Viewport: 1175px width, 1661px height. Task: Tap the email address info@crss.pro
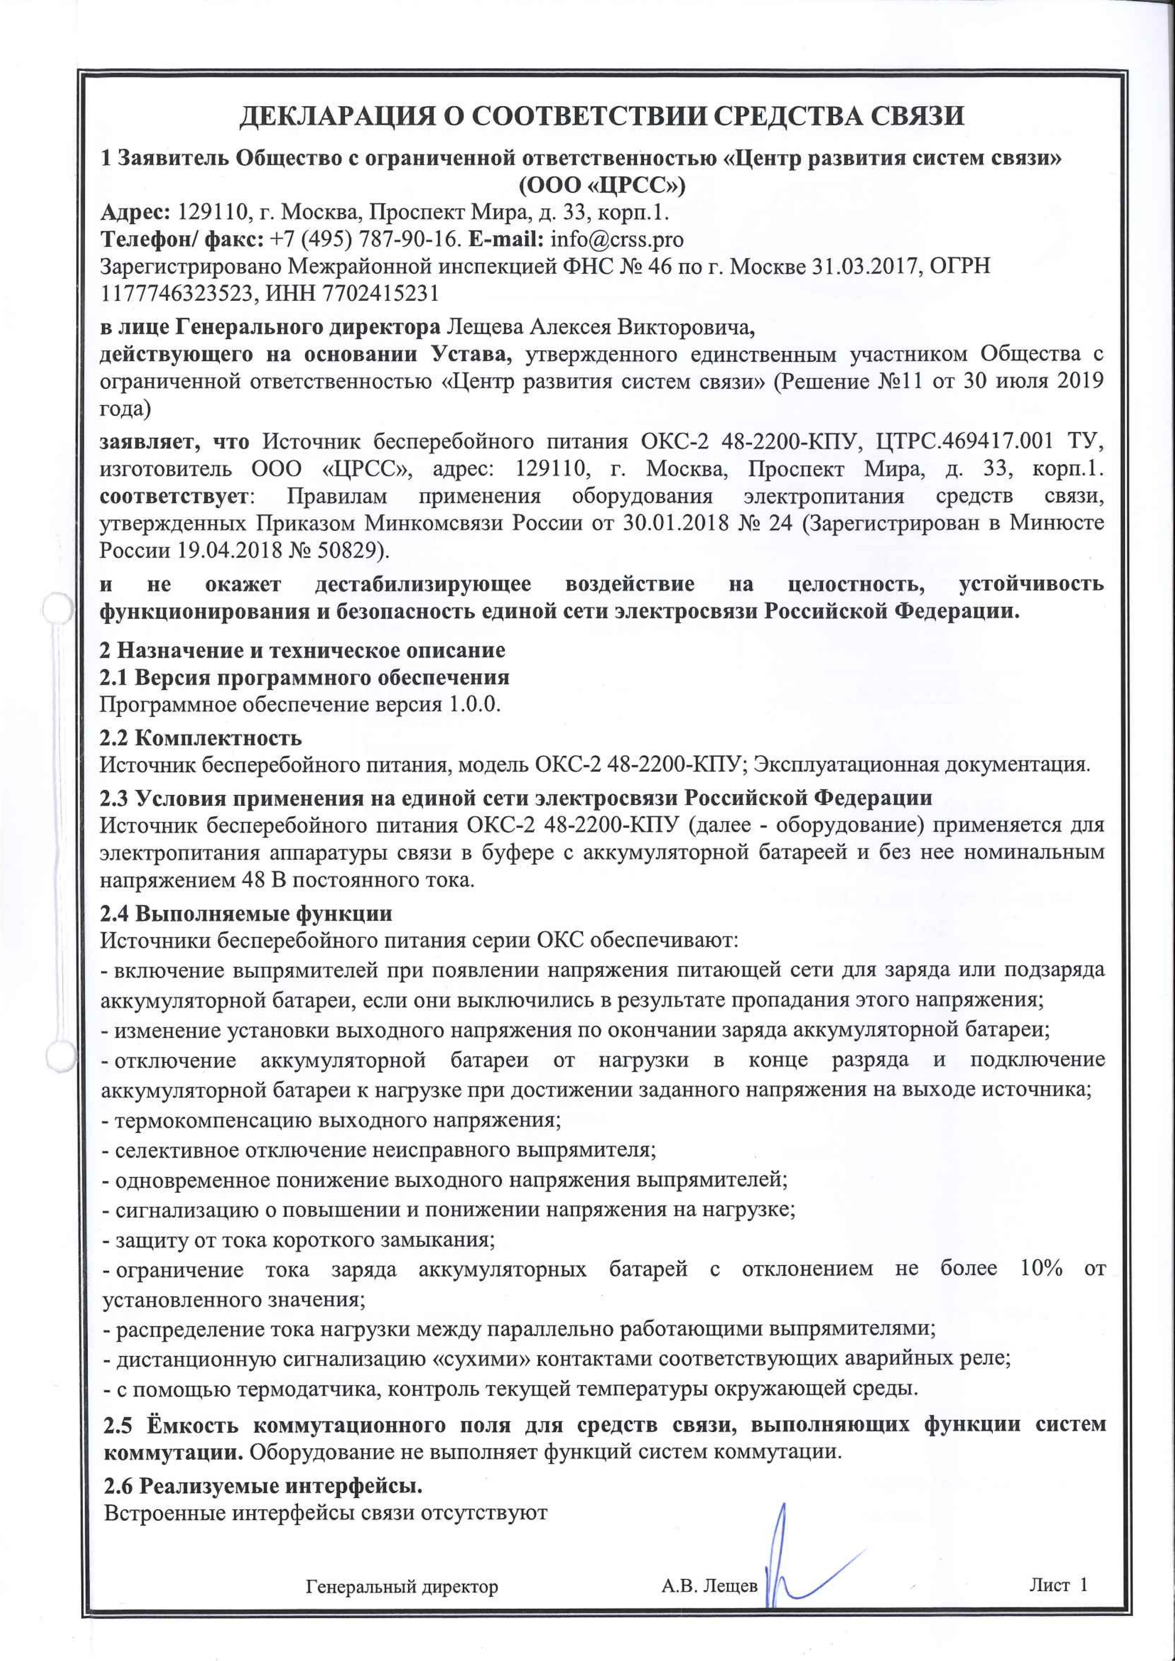point(617,240)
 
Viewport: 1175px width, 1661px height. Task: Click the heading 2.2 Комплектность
point(200,738)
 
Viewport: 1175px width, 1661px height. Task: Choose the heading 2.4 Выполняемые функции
point(246,914)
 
